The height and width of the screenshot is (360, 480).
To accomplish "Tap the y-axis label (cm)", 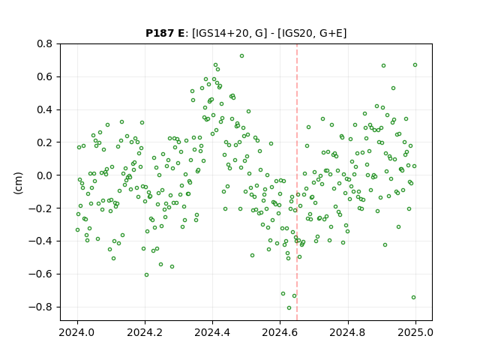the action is point(18,183).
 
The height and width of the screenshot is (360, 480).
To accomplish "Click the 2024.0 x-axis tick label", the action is point(77,332).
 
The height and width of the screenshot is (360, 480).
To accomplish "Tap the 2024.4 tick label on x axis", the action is point(212,332).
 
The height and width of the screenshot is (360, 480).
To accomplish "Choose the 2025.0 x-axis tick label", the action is point(415,332).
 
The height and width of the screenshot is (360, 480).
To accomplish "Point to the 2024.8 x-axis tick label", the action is point(348,332).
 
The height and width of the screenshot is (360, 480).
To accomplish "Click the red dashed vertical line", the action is point(297,182).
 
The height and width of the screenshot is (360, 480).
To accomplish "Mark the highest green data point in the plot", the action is point(241,56).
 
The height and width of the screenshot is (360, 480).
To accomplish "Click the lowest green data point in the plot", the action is point(289,308).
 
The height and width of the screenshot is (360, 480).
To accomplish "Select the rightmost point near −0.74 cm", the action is point(413,298).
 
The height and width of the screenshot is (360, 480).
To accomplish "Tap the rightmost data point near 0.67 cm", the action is point(415,65).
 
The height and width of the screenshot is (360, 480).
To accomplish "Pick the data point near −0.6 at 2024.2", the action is point(147,275).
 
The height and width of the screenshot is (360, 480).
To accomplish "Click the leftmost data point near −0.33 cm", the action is point(78,230).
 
